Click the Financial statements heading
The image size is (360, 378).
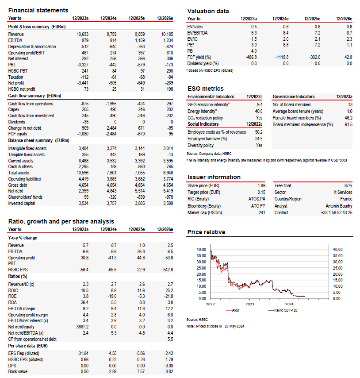coord(38,10)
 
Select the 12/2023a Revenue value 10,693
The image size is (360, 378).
coord(83,34)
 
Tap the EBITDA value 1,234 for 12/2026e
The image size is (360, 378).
coord(168,41)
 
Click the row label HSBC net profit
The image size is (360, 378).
coord(22,89)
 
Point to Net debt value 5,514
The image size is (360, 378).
coord(140,191)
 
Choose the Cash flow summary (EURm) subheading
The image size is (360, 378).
coord(34,96)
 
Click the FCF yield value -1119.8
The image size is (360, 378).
coord(282,58)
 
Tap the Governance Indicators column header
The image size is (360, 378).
coord(294,96)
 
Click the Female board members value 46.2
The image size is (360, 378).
coord(349,118)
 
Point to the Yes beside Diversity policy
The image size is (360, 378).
coord(259,145)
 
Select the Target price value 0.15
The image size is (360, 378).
coord(261,193)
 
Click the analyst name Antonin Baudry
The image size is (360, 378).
coord(339,206)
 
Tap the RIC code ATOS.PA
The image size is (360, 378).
coord(257,199)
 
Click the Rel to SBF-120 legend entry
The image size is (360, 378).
coord(283,311)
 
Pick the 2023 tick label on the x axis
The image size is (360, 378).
coord(250,304)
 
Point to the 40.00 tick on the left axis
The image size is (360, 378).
coord(201,250)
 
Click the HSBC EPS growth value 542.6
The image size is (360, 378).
coord(168,270)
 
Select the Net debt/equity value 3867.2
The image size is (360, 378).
coord(82,327)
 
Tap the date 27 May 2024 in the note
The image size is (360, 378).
coord(234,326)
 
